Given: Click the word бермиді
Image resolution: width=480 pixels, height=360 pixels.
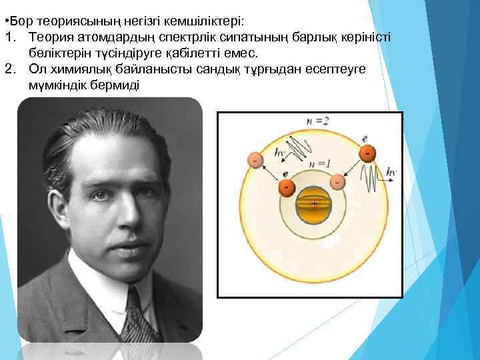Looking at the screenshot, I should (x=112, y=85).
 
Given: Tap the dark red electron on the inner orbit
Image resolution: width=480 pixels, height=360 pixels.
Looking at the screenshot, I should (x=287, y=187).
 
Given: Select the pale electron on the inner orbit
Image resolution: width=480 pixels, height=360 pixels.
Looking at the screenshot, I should (x=338, y=181).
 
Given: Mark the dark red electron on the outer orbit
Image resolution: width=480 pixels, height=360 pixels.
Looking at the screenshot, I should (x=367, y=154).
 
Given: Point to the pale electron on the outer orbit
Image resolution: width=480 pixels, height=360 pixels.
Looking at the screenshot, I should (x=255, y=160).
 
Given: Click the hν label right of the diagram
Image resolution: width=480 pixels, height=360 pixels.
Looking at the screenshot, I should (x=391, y=172).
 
